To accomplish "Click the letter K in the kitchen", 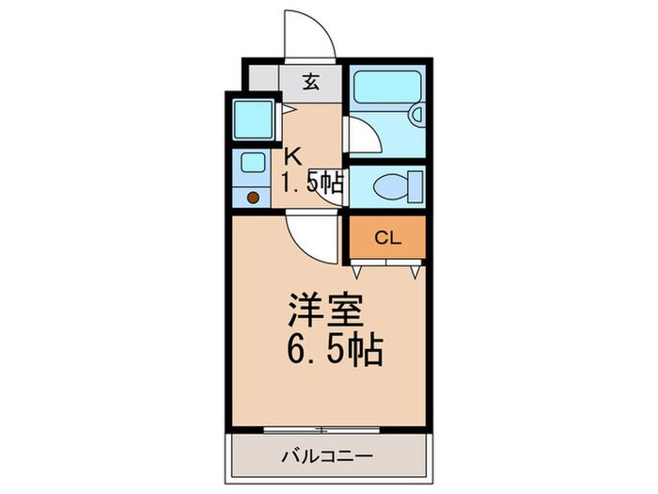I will [293, 157].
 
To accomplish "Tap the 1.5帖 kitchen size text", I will [311, 183].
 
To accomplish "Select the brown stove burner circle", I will [253, 198].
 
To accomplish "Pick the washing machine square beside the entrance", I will [252, 119].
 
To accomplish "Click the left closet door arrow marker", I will [358, 271].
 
